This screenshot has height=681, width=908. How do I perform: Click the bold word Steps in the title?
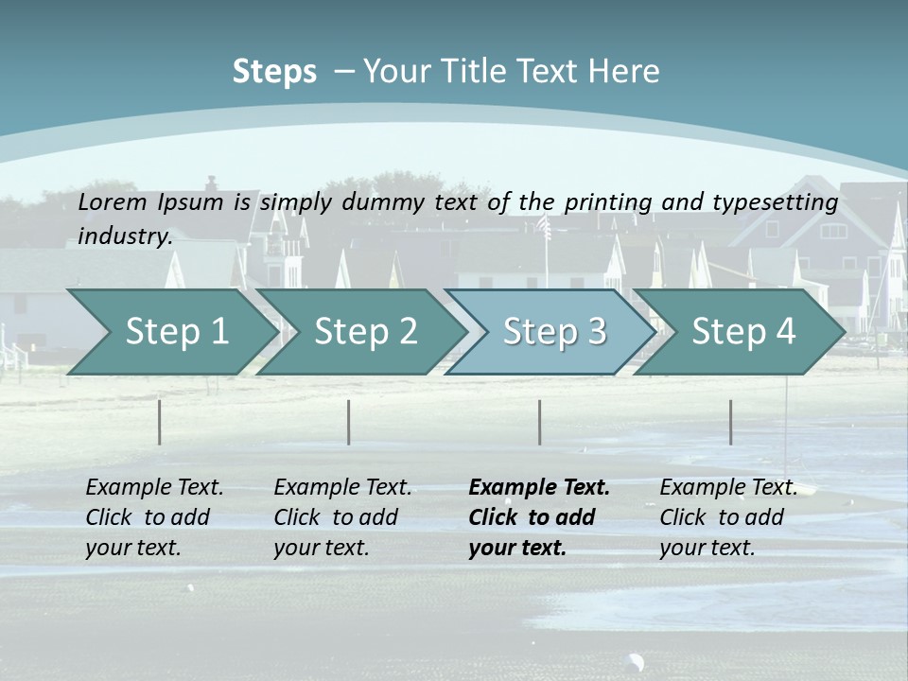274,72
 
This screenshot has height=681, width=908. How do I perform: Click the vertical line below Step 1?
160,422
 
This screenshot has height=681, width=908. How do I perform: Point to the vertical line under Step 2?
349,422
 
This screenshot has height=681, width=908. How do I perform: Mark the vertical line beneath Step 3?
540,422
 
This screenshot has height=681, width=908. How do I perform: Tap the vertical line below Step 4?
731,422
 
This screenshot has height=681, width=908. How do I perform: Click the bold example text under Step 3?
539,517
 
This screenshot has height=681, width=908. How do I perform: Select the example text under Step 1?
154,517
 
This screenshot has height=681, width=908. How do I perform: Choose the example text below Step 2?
342,517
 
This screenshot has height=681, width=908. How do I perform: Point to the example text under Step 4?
728,517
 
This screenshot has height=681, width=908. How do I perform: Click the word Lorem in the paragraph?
112,202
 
